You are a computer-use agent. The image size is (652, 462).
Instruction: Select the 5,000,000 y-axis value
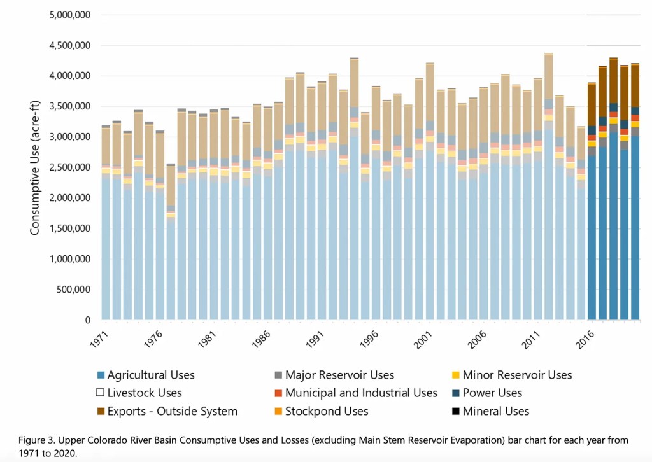(x=70, y=15)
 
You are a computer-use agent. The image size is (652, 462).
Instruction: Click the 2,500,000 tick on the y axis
(x=70, y=167)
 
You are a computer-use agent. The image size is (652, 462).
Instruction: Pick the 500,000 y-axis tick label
(x=74, y=290)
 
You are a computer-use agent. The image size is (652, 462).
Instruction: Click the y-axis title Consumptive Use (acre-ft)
(x=36, y=167)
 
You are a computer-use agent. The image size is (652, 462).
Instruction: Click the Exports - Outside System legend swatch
(x=99, y=411)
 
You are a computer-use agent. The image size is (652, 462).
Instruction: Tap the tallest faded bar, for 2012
(x=548, y=191)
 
